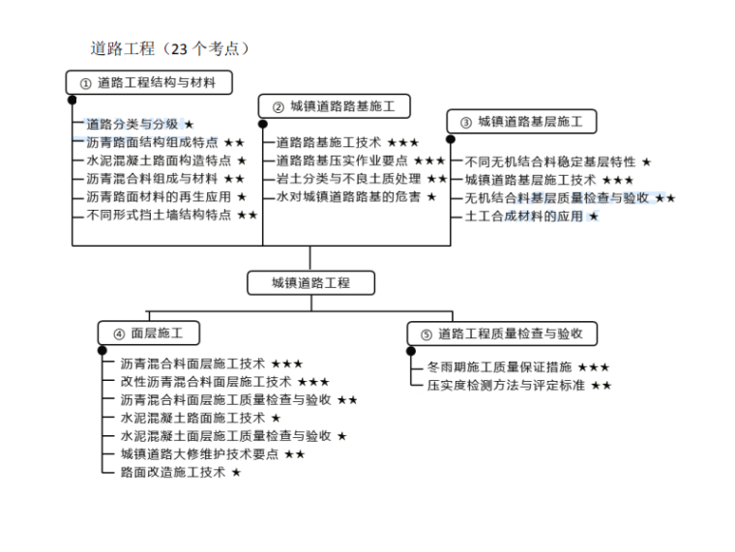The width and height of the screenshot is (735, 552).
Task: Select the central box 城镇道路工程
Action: pyautogui.click(x=310, y=282)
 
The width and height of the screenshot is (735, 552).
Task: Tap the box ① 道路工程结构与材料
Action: pyautogui.click(x=153, y=83)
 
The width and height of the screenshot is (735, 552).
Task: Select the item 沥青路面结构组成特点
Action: pyautogui.click(x=152, y=142)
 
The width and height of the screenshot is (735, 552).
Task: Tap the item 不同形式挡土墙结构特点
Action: pyautogui.click(x=159, y=215)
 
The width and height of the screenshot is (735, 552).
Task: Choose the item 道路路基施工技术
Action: pyautogui.click(x=329, y=142)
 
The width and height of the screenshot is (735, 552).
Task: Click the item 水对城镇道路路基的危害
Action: pyautogui.click(x=348, y=196)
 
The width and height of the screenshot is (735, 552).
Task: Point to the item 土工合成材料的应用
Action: pyautogui.click(x=523, y=216)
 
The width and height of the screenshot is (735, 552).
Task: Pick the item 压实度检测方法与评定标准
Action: pyautogui.click(x=506, y=385)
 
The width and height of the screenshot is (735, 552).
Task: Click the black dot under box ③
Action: pyautogui.click(x=451, y=138)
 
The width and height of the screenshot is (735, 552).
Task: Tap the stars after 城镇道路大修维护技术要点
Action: pyautogui.click(x=294, y=453)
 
